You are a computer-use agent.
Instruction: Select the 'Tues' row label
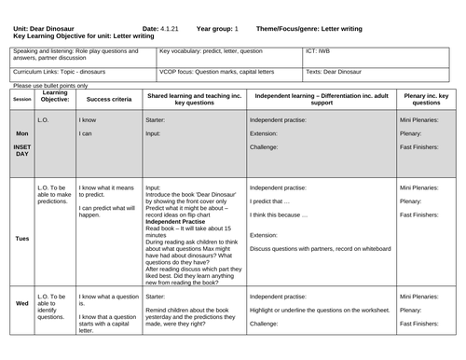(x=21, y=239)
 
